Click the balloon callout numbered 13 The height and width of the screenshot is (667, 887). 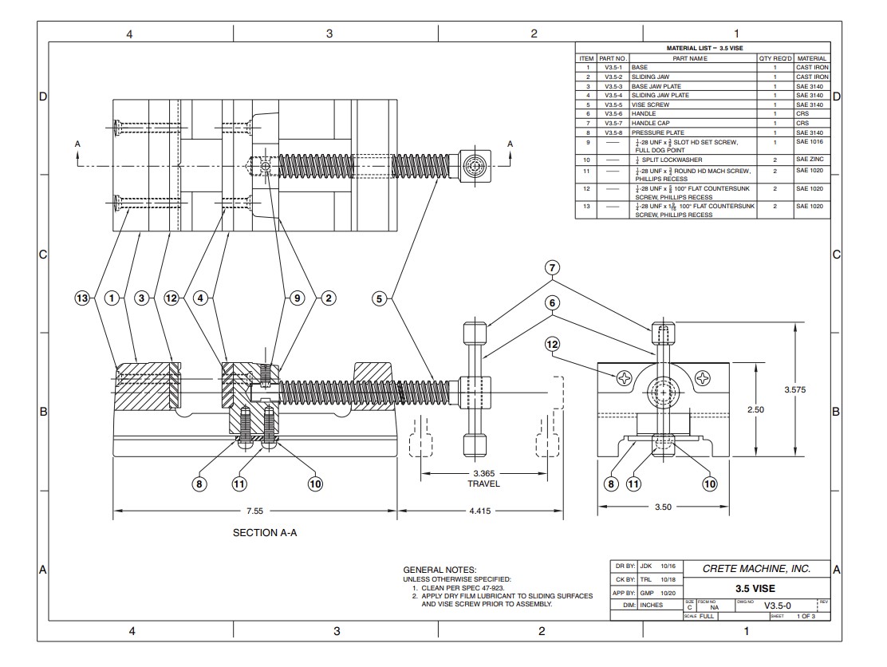click(82, 298)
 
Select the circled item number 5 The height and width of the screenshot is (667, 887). click(380, 298)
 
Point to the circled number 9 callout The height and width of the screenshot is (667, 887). click(296, 298)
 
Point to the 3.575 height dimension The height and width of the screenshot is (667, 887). click(795, 389)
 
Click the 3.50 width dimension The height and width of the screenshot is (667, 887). click(663, 506)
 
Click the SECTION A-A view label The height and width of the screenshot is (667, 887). click(266, 532)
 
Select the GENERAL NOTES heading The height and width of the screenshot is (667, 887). click(440, 570)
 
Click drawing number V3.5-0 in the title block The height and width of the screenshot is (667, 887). click(777, 606)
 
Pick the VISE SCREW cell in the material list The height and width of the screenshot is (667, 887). click(650, 105)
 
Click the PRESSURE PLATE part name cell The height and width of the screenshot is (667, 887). click(655, 132)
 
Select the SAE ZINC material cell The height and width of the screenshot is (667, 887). click(811, 160)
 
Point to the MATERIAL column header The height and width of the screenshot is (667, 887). click(811, 58)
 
